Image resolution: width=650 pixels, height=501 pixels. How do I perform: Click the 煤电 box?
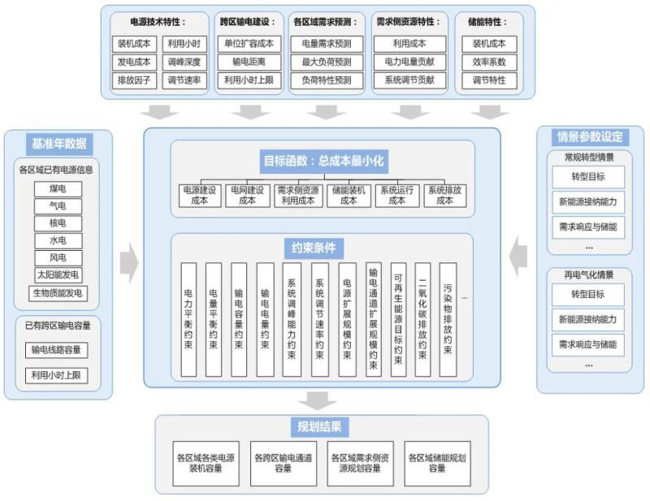pos(58,188)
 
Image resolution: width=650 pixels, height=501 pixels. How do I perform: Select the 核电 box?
pos(58,223)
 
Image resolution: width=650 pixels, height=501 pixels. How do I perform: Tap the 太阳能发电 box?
pos(58,275)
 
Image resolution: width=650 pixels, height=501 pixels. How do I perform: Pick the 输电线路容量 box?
pos(58,351)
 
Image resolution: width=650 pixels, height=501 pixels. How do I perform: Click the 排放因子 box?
pos(134,80)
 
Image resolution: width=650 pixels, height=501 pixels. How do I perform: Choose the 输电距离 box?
pos(249,62)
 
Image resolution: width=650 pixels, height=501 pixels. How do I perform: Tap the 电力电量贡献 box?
pos(409,62)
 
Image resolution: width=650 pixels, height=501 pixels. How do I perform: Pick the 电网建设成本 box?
pos(248,195)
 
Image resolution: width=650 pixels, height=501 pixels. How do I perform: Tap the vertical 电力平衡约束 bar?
pos(188,320)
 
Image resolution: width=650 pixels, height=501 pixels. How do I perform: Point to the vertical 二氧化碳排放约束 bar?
pos(422,320)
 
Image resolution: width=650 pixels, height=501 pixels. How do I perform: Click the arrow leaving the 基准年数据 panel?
pos(128,262)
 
